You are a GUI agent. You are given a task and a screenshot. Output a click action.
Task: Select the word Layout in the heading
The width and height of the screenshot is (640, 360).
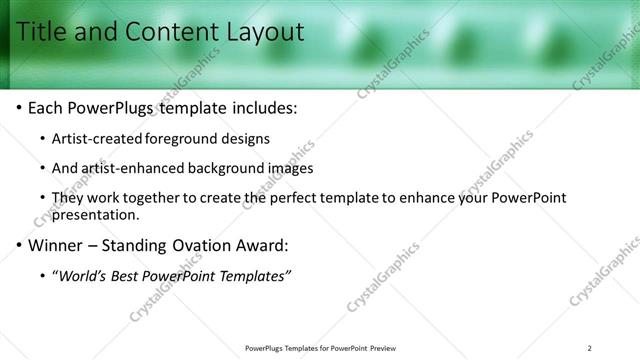point(263,32)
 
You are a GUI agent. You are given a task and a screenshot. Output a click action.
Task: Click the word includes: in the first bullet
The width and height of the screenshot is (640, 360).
point(262,107)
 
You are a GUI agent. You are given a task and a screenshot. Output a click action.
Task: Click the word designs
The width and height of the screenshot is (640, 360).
point(247,138)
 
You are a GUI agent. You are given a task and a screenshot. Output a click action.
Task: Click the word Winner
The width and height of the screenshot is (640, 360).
point(56,245)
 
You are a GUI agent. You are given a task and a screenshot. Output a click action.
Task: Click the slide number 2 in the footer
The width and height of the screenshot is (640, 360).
point(590,348)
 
